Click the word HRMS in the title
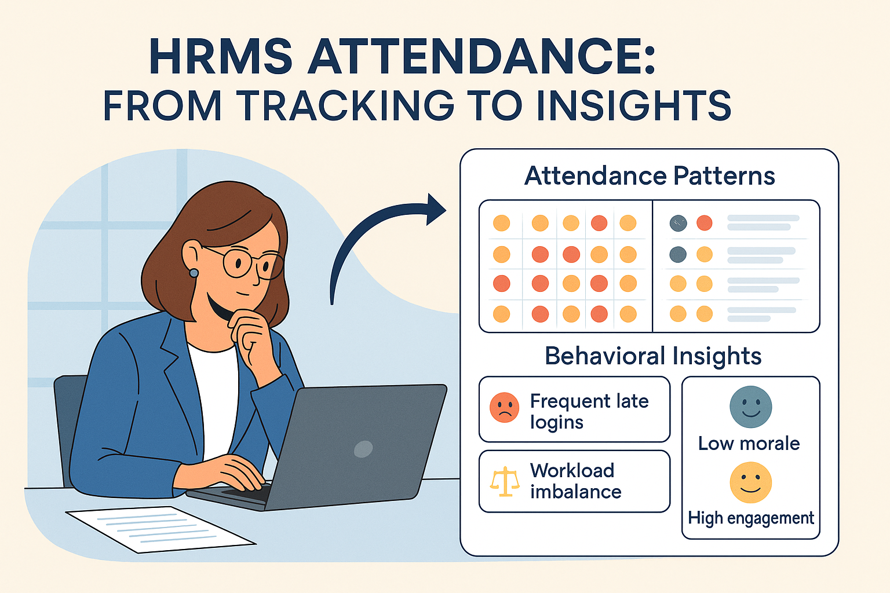pos(221,57)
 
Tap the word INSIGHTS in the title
pos(633,105)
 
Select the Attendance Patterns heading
pos(650,175)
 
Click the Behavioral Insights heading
pos(653,356)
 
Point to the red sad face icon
pos(504,408)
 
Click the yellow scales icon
pos(504,481)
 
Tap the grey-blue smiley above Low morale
pos(750,407)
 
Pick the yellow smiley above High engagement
pos(750,482)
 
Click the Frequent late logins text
pos(589,411)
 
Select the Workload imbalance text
pos(575,481)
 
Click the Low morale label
pos(749,444)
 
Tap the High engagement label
pos(751,518)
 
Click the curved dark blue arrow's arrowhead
pos(436,209)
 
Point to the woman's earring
pos(194,273)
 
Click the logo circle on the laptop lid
pos(363,449)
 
